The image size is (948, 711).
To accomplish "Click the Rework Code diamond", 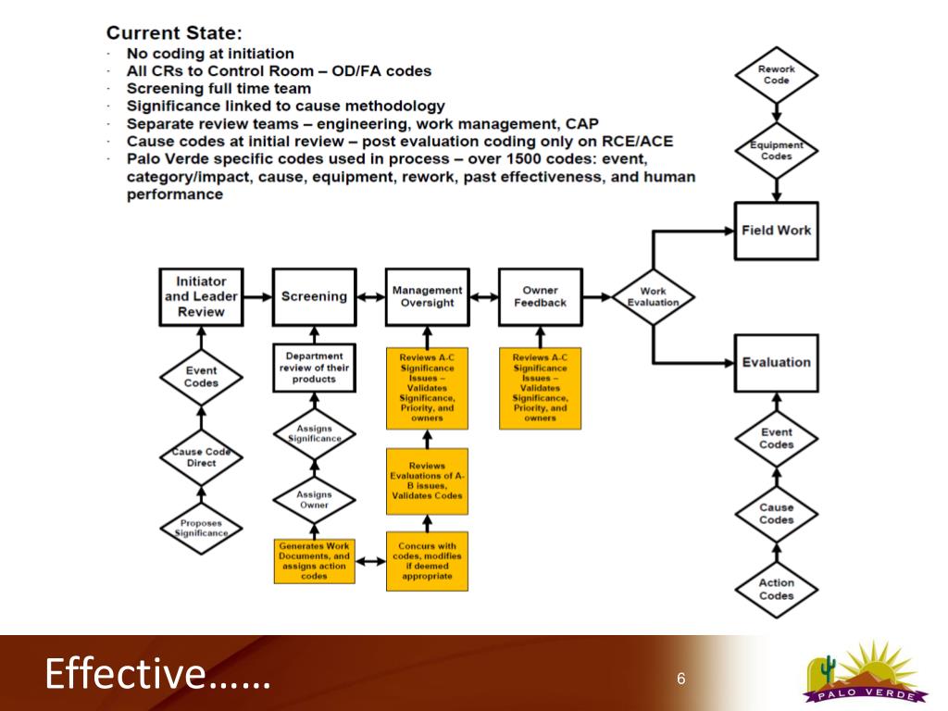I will tap(776, 75).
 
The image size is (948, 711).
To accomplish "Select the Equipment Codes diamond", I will tap(776, 150).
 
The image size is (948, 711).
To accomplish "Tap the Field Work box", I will tap(776, 231).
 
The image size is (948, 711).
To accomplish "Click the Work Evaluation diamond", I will tap(653, 297).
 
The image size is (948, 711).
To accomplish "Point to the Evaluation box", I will tap(776, 363).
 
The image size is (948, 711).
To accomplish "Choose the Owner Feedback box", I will tap(540, 296).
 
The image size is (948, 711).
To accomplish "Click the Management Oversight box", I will tap(427, 296).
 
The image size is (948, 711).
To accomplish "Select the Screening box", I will tap(314, 296).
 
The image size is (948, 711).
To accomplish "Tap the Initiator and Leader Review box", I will tap(201, 296).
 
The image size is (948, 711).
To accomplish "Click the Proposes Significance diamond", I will tap(201, 529).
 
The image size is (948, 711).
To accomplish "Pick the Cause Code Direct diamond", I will tap(201, 457).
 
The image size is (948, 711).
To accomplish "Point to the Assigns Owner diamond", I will tap(314, 499).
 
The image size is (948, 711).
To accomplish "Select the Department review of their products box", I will tap(314, 367).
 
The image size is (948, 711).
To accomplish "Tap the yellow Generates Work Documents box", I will tap(314, 561).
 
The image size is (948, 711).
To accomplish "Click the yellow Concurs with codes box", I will tap(427, 561).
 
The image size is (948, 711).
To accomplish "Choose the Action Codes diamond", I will tap(776, 589).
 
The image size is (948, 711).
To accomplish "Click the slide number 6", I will tap(680, 680).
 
